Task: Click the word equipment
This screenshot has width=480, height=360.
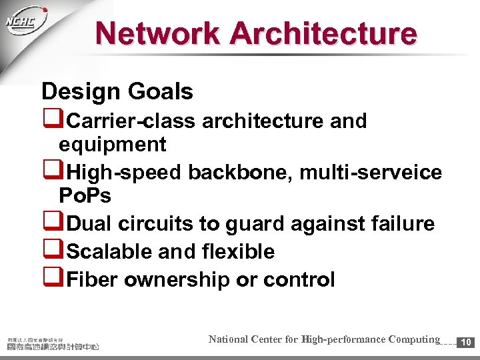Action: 112,145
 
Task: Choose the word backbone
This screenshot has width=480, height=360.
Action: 241,173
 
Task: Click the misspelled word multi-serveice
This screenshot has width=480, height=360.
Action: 371,173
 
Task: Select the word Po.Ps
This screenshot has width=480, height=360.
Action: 85,196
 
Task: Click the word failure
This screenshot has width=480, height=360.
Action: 399,224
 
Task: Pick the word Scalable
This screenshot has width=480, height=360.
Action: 110,251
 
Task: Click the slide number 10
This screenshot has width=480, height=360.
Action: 467,342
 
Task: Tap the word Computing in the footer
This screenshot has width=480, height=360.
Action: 409,339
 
